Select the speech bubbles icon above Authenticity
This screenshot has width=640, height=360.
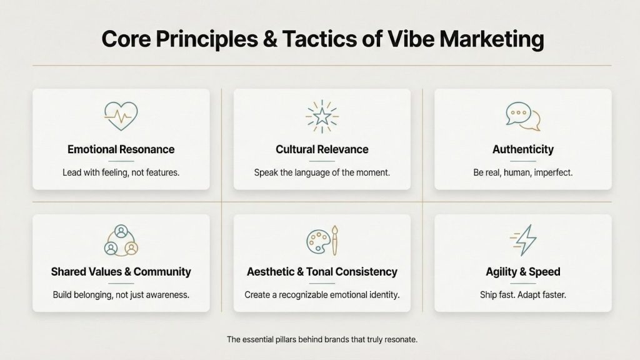(522, 116)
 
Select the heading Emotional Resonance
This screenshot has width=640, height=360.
(121, 149)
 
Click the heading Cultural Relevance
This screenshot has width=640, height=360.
(322, 149)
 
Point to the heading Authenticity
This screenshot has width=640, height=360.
(522, 149)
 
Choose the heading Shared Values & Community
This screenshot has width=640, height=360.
(121, 272)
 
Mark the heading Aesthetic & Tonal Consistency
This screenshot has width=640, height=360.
(322, 272)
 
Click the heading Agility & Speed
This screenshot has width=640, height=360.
(522, 272)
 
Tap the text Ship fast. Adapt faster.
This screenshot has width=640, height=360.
(522, 294)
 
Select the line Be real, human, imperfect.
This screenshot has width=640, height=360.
(522, 172)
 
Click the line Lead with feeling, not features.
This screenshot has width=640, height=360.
(121, 172)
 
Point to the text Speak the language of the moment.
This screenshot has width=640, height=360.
(322, 172)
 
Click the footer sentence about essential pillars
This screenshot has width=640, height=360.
(322, 339)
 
